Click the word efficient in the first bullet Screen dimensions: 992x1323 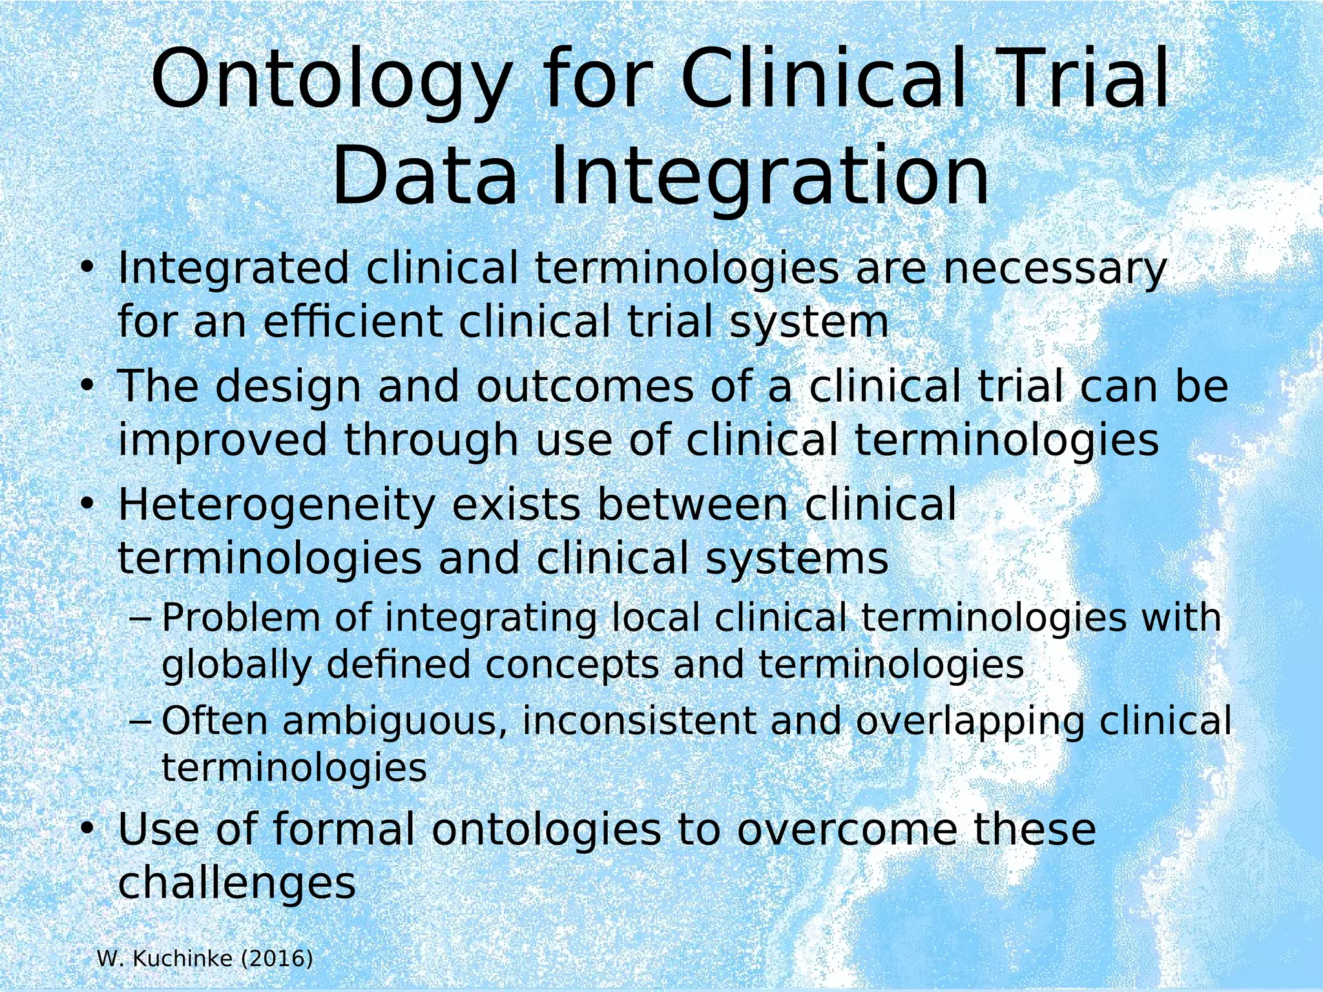(x=353, y=322)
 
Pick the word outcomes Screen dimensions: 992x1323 (x=585, y=386)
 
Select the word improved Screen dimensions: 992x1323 (x=223, y=440)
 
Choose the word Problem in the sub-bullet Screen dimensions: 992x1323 (x=240, y=617)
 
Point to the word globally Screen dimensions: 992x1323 (x=236, y=665)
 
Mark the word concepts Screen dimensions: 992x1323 (x=572, y=665)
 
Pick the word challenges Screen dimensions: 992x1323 (x=236, y=882)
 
